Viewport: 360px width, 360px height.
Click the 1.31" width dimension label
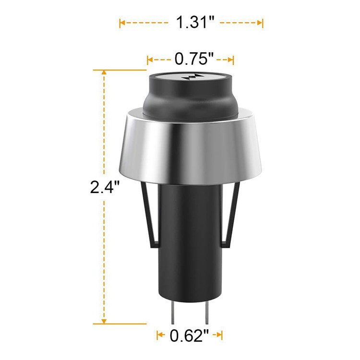[195, 22]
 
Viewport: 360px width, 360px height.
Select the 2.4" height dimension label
[105, 187]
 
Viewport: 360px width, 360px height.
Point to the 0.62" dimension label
[190, 336]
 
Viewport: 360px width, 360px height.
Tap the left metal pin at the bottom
[173, 313]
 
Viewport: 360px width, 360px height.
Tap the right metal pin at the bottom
[206, 313]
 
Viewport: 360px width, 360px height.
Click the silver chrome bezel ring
[191, 147]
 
